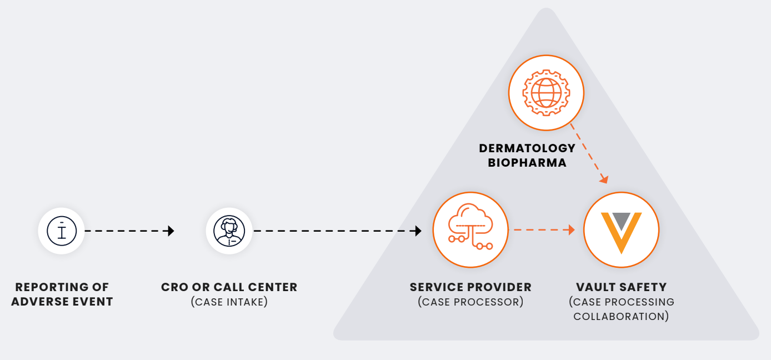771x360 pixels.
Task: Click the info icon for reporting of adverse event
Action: click(x=61, y=231)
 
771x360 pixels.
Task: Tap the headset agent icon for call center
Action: click(x=229, y=231)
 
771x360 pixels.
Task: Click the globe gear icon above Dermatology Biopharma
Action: click(x=546, y=92)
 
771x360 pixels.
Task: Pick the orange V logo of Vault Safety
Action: click(x=621, y=229)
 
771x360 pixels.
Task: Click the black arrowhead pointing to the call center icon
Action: click(x=171, y=231)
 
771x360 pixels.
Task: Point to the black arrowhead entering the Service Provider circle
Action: click(x=418, y=231)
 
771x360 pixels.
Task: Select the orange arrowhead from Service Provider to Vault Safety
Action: click(x=570, y=229)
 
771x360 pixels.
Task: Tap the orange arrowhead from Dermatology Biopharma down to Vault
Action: click(x=604, y=179)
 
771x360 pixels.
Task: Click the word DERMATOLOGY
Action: click(x=527, y=148)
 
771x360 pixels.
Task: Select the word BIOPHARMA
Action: click(x=527, y=163)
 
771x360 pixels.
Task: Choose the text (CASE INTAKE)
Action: click(x=229, y=302)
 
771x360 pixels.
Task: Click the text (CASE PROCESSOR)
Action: click(x=470, y=302)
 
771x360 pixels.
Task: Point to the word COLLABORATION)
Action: click(x=621, y=317)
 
